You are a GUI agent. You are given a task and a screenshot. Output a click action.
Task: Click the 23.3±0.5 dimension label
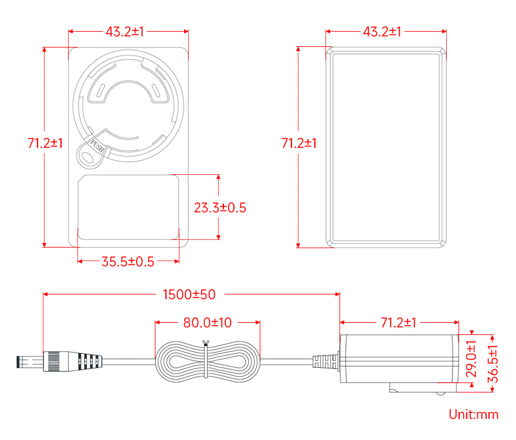220,208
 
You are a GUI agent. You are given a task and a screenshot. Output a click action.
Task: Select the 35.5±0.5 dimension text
128,262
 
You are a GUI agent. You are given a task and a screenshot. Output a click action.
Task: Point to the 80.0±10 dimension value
208,323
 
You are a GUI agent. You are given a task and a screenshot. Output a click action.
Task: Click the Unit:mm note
473,414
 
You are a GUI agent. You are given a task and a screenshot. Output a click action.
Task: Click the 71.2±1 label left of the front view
45,143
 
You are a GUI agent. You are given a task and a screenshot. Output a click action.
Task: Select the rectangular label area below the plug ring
128,207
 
